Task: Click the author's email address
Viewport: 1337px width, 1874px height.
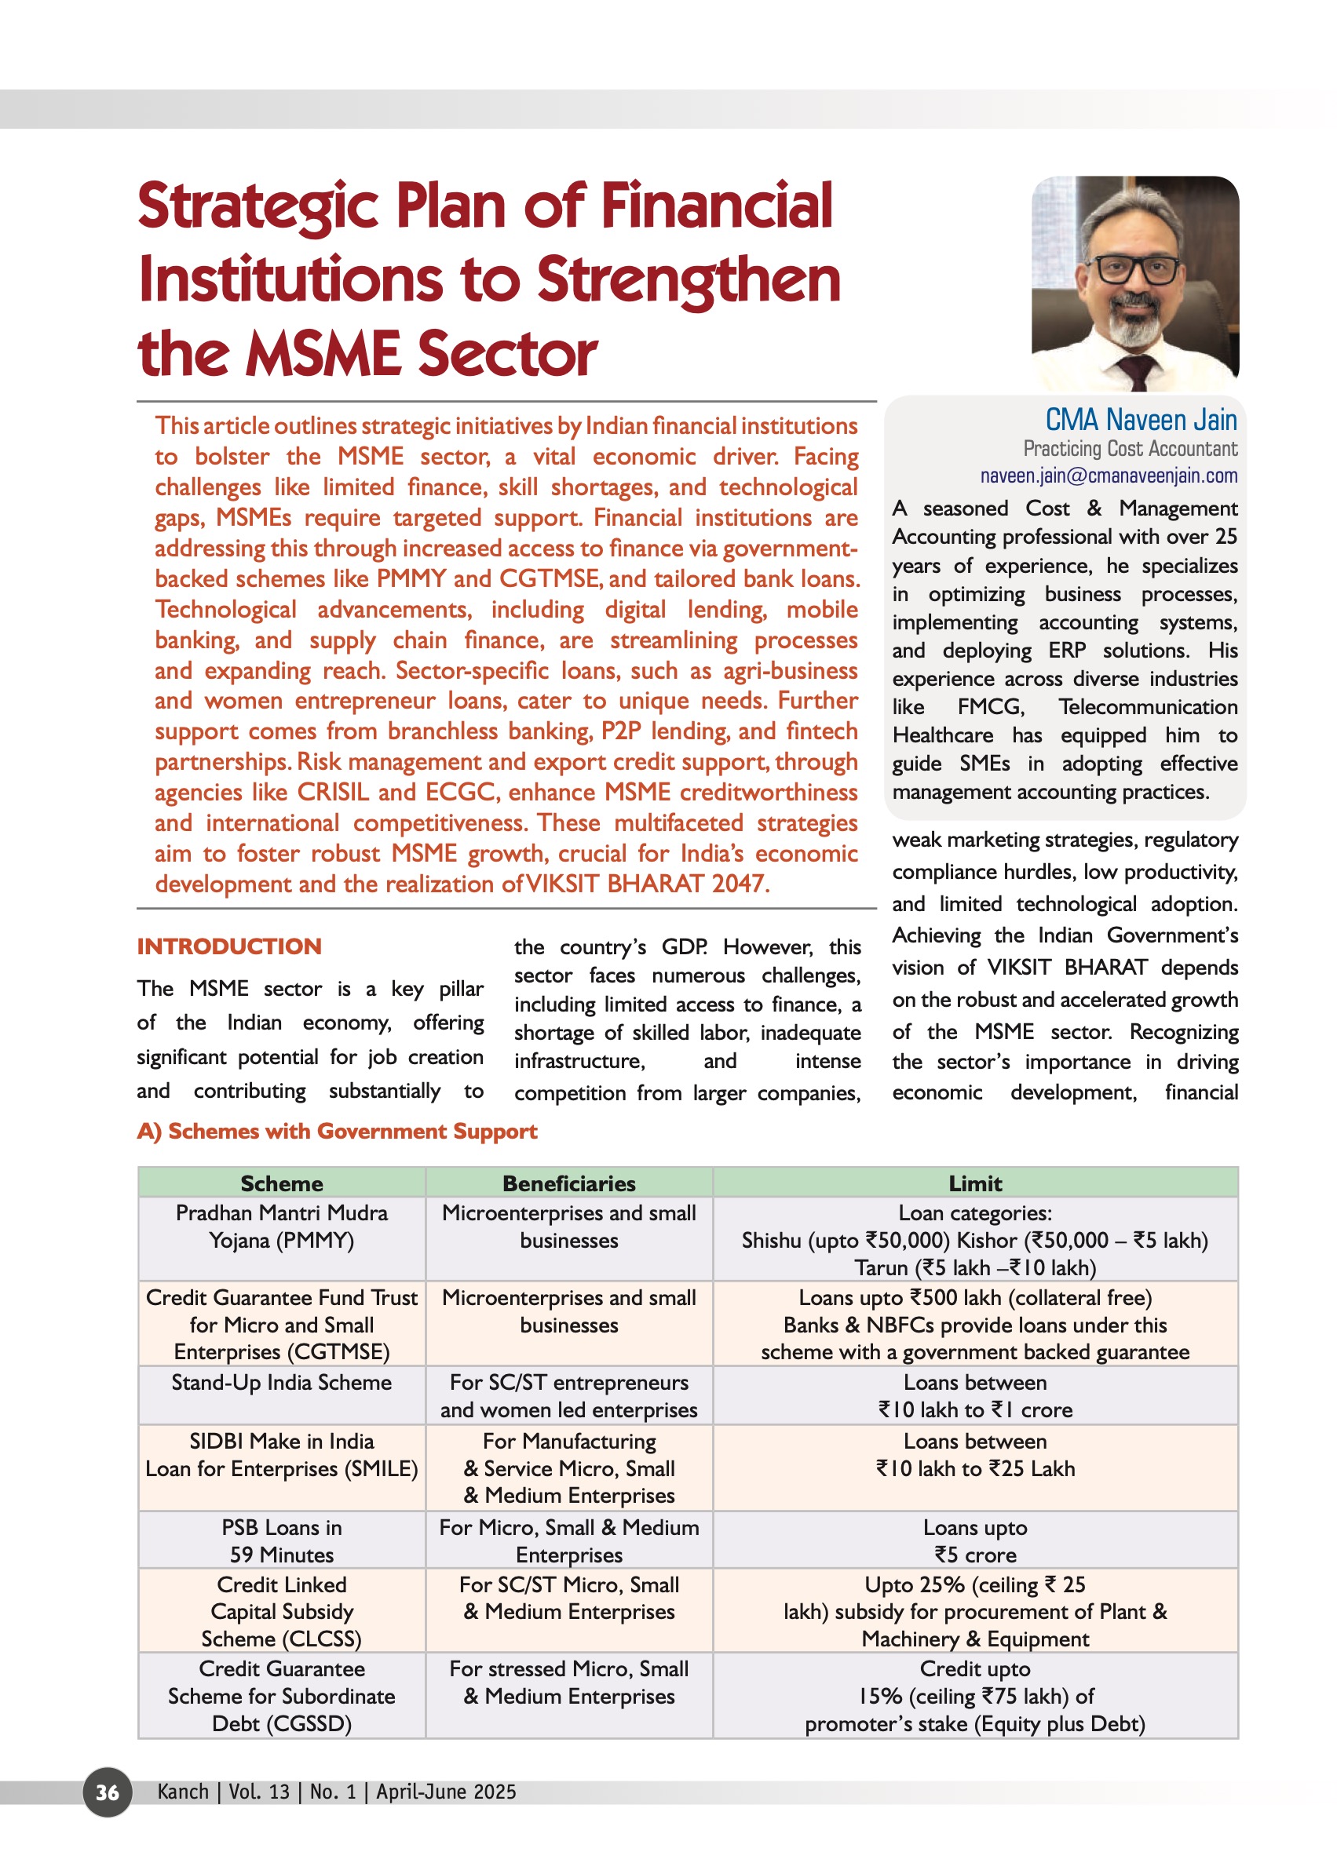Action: coord(1108,476)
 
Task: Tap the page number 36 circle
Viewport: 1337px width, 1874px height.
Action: coord(107,1792)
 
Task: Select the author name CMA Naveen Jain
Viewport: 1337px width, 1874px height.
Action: coord(1140,420)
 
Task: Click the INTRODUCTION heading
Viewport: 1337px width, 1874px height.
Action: coord(229,946)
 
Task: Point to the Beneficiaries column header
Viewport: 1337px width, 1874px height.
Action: coord(569,1183)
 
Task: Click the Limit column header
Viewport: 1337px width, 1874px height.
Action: coord(975,1183)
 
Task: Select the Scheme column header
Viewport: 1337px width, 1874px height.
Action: coord(282,1183)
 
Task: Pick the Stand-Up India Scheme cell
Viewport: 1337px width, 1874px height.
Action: coord(282,1383)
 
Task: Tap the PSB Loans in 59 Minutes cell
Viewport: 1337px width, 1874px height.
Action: coord(282,1540)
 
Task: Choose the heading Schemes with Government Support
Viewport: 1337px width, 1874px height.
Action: coord(337,1132)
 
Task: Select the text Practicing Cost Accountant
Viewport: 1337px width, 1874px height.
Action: coord(1130,449)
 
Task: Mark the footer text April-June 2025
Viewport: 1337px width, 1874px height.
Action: coord(445,1792)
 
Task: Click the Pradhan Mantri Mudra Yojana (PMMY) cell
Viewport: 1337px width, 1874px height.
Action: coord(282,1227)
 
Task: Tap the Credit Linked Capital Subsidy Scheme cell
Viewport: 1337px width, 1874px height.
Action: coord(282,1611)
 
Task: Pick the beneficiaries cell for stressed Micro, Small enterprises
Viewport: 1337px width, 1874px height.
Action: coord(569,1683)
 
